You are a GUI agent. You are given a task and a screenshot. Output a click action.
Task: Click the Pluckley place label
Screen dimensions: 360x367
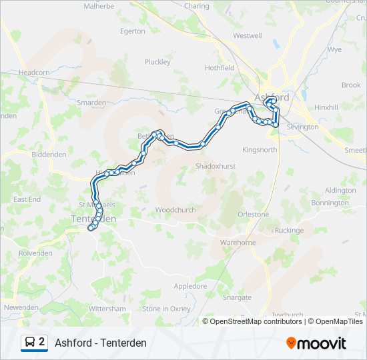[x=157, y=62]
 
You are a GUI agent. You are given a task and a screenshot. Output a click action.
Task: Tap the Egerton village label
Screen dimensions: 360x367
[x=132, y=31]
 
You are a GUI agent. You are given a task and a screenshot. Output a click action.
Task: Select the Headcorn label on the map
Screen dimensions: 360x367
[x=34, y=73]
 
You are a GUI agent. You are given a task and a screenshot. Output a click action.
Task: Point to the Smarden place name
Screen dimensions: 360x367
[x=91, y=103]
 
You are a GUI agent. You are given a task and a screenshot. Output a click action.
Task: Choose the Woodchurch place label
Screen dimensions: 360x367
[x=175, y=209]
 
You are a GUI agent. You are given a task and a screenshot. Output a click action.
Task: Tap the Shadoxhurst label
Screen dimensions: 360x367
[x=216, y=166]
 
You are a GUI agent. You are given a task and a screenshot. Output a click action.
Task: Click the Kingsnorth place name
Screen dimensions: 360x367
[x=260, y=150]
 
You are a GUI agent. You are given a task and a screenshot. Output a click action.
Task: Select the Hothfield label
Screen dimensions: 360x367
[x=220, y=68]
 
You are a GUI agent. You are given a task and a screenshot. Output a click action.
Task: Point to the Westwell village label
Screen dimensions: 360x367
[x=248, y=36]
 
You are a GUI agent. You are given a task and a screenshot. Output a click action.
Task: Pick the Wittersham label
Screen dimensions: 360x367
[x=107, y=309]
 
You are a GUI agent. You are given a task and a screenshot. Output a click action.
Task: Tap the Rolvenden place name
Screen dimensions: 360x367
[x=35, y=253]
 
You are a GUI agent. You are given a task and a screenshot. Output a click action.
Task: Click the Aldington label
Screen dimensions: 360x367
[x=340, y=191]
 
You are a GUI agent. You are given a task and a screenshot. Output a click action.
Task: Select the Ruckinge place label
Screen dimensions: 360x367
[x=288, y=231]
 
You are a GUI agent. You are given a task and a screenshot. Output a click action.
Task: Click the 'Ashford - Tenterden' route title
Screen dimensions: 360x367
[x=101, y=343]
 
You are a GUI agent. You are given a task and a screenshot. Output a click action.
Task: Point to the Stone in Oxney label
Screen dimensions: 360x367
[x=166, y=309]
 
